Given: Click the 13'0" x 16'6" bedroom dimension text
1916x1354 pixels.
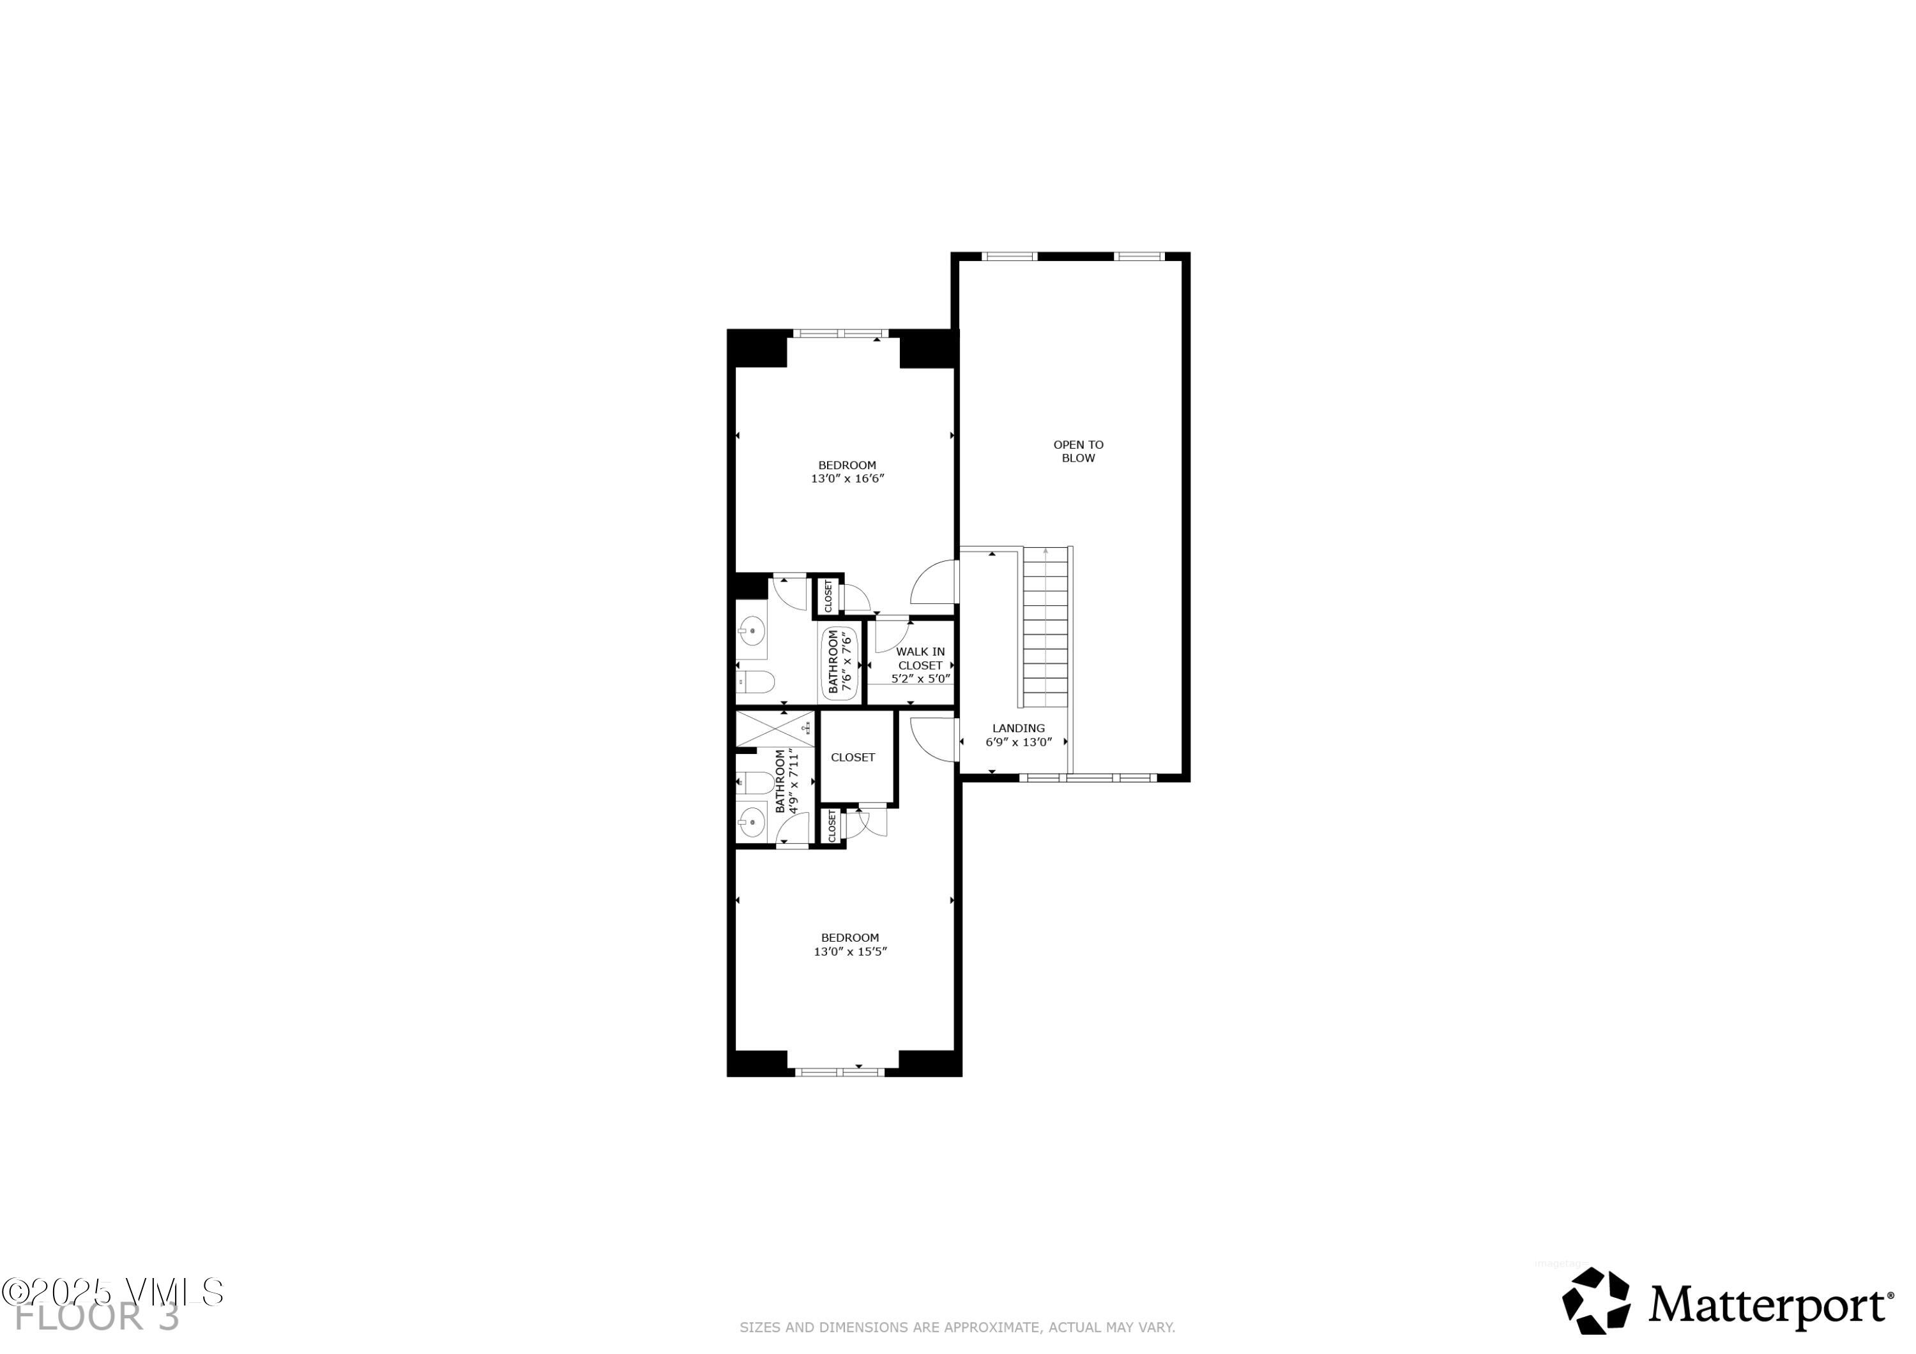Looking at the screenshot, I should click(847, 479).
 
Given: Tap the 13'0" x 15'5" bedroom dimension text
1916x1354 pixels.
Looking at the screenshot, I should click(849, 952).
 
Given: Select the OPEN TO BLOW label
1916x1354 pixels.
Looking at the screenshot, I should click(1078, 451).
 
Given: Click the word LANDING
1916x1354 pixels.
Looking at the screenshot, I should click(1018, 728).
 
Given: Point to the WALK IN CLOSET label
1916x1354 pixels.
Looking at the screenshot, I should click(920, 658).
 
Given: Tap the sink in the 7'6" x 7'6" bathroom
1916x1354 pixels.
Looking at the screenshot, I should click(752, 631).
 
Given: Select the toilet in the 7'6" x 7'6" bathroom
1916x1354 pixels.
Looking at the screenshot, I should click(757, 682).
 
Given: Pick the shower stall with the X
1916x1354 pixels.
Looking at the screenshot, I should click(775, 728).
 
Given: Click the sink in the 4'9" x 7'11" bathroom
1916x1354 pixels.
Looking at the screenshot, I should click(752, 822).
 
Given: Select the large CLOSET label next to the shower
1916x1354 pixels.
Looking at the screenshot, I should click(853, 758).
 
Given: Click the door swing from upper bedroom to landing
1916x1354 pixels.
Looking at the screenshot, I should click(934, 582).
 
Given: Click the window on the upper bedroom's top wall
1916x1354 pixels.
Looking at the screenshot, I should click(839, 334).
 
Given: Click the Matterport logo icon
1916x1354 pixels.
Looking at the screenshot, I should click(1595, 1302).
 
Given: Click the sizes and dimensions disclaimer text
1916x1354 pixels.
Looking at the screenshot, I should click(957, 1327).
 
